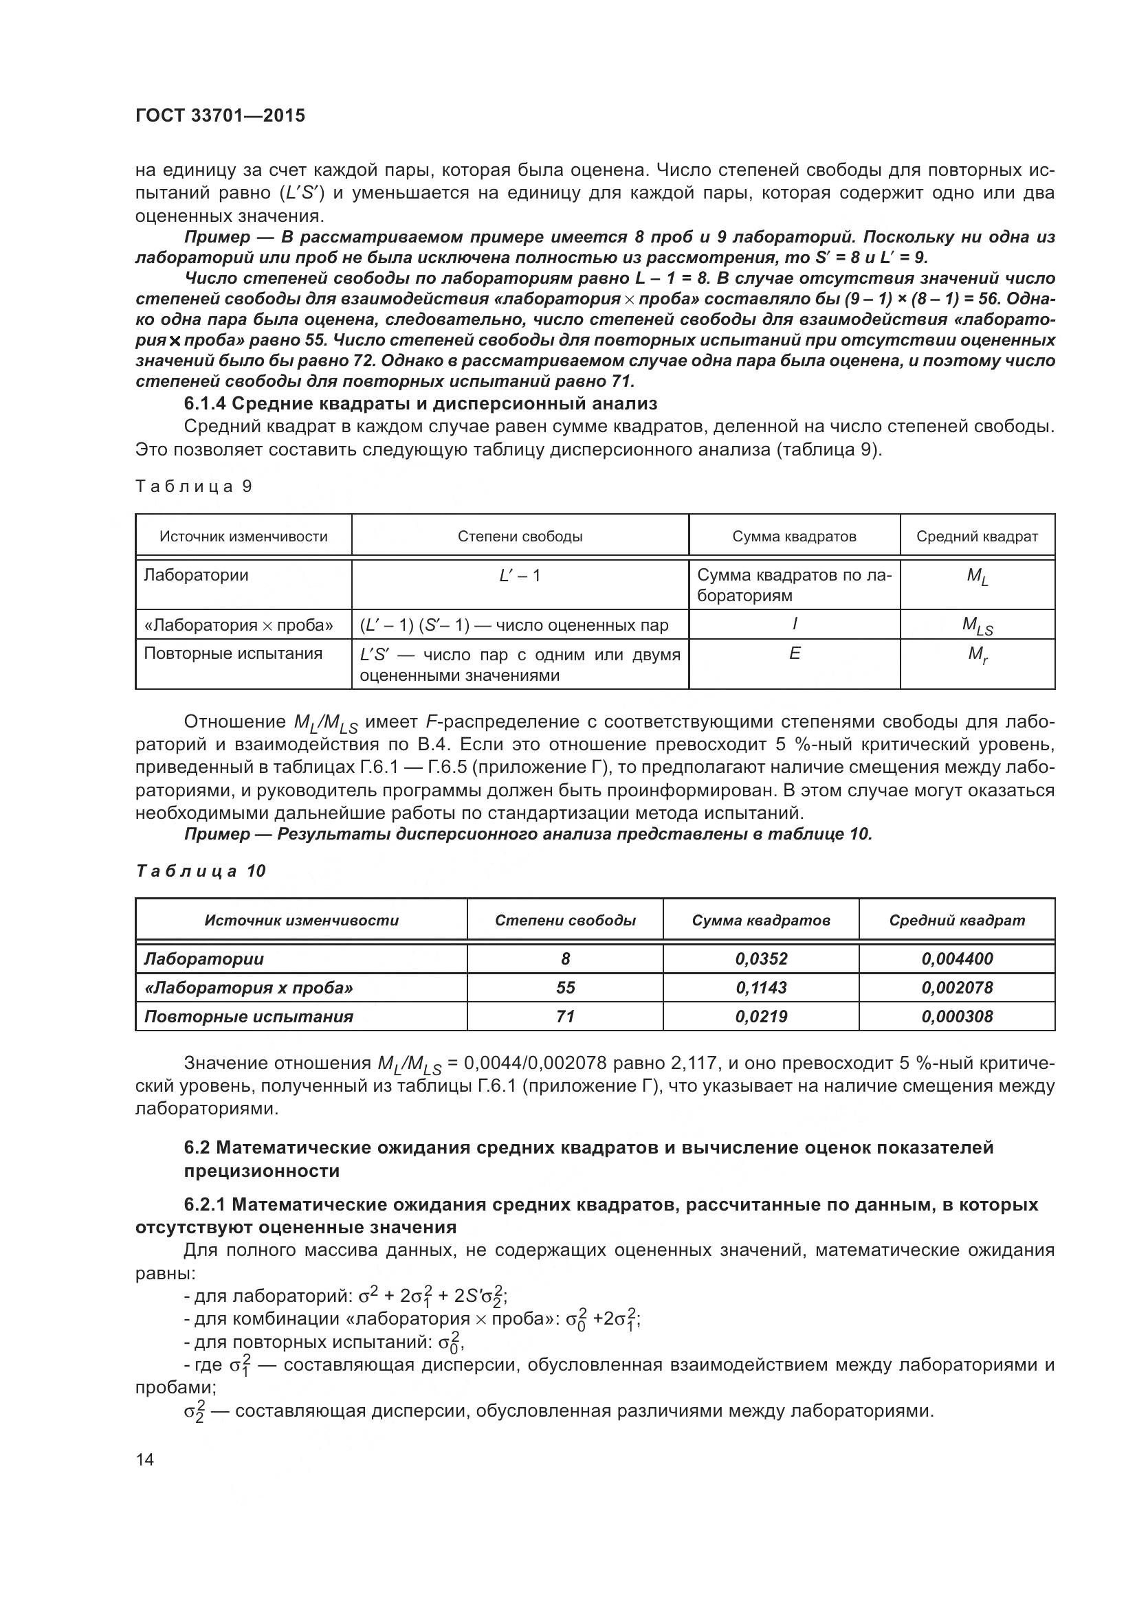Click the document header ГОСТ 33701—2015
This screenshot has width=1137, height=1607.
pyautogui.click(x=220, y=116)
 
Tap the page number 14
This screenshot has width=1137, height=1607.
pyautogui.click(x=145, y=1460)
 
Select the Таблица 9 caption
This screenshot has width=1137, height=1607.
pyautogui.click(x=193, y=486)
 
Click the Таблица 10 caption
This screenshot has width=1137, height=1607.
pyautogui.click(x=200, y=870)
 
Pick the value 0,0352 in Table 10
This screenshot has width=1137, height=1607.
pyautogui.click(x=761, y=959)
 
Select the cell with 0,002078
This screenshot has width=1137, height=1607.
pyautogui.click(x=956, y=987)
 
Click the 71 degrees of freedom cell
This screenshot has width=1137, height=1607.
pyautogui.click(x=565, y=1016)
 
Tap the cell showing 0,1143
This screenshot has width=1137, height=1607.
pyautogui.click(x=761, y=987)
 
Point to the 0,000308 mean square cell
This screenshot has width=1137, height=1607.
pyautogui.click(x=956, y=1016)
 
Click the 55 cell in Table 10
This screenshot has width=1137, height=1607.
pyautogui.click(x=565, y=987)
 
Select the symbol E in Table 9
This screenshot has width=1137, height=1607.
pyautogui.click(x=794, y=653)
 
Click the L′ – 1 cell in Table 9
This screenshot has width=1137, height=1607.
pyautogui.click(x=520, y=575)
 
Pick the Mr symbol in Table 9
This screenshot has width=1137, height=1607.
pyautogui.click(x=978, y=655)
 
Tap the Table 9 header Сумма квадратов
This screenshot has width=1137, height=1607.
pyautogui.click(x=794, y=537)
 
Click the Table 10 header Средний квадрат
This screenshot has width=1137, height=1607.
pyautogui.click(x=956, y=921)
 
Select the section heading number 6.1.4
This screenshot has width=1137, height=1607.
pyautogui.click(x=205, y=403)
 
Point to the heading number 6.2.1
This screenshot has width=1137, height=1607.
pyautogui.click(x=205, y=1204)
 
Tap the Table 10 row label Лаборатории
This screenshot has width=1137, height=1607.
pyautogui.click(x=203, y=959)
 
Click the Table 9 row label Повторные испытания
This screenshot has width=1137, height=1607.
pyautogui.click(x=233, y=653)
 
